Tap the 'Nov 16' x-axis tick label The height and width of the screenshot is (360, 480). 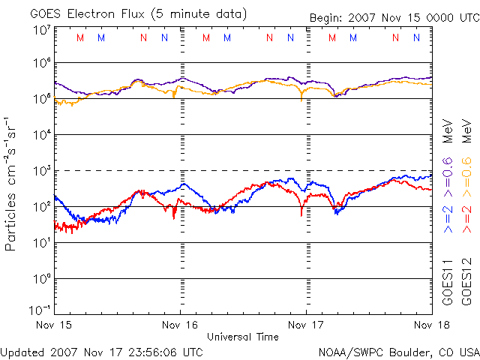click(x=180, y=325)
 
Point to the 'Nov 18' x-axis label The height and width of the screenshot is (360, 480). click(x=421, y=325)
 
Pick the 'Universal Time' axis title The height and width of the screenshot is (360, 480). click(x=242, y=337)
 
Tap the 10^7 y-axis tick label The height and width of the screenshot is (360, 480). click(x=40, y=30)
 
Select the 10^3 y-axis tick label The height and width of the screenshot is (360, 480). click(x=40, y=171)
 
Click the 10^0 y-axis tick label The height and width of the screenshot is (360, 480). click(x=40, y=279)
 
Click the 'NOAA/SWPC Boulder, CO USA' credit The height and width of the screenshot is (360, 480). click(x=398, y=352)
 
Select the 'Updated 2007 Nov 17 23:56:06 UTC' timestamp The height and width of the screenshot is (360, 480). click(x=102, y=352)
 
